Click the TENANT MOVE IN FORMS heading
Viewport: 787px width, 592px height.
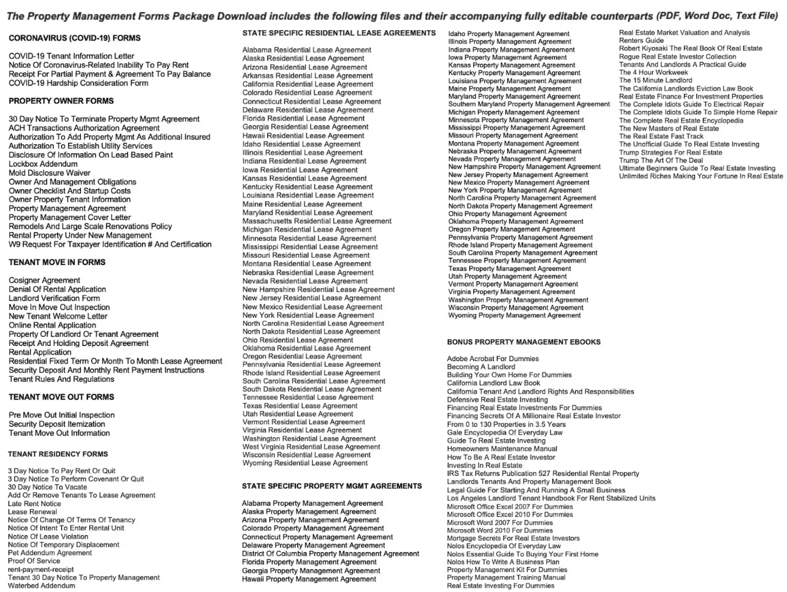pos(57,262)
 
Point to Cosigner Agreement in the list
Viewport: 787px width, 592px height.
pos(44,281)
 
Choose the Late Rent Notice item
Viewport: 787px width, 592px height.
pos(35,504)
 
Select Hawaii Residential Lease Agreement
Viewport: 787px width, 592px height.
pos(303,136)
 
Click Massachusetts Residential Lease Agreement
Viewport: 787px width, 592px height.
pos(317,221)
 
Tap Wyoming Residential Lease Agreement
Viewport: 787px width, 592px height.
pos(305,463)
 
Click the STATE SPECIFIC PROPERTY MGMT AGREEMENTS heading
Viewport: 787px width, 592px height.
pos(332,486)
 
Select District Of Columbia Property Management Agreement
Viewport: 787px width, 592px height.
pos(331,553)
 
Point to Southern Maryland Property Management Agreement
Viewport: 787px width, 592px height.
pos(529,104)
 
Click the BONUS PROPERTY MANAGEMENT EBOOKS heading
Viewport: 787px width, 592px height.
pos(524,342)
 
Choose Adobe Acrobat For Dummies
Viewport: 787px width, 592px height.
pos(493,359)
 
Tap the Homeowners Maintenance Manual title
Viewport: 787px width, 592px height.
pos(502,449)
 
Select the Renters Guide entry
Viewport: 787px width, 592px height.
pos(642,40)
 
